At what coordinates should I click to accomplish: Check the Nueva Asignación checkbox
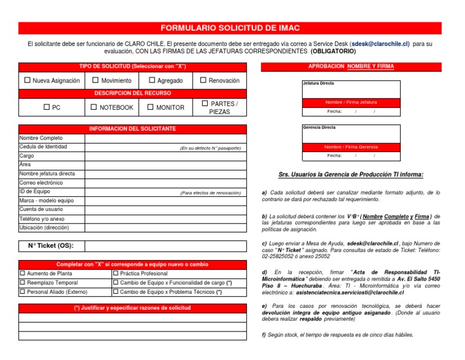27,81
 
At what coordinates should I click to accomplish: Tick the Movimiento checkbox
95,81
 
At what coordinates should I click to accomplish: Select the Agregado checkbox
152,81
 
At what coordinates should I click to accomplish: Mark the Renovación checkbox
204,81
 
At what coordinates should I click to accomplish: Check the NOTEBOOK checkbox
94,107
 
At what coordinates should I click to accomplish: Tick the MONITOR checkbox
151,107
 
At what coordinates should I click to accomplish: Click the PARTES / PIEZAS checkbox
205,104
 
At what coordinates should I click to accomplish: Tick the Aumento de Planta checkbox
23,273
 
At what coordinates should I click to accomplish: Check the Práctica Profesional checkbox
116,273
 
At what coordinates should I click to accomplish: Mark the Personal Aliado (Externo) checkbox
23,292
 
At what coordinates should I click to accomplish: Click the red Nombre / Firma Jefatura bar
351,102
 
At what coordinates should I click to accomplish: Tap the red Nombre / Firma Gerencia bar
351,147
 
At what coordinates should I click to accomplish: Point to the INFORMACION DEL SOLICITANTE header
133,129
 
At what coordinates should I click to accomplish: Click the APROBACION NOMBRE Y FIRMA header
351,66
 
